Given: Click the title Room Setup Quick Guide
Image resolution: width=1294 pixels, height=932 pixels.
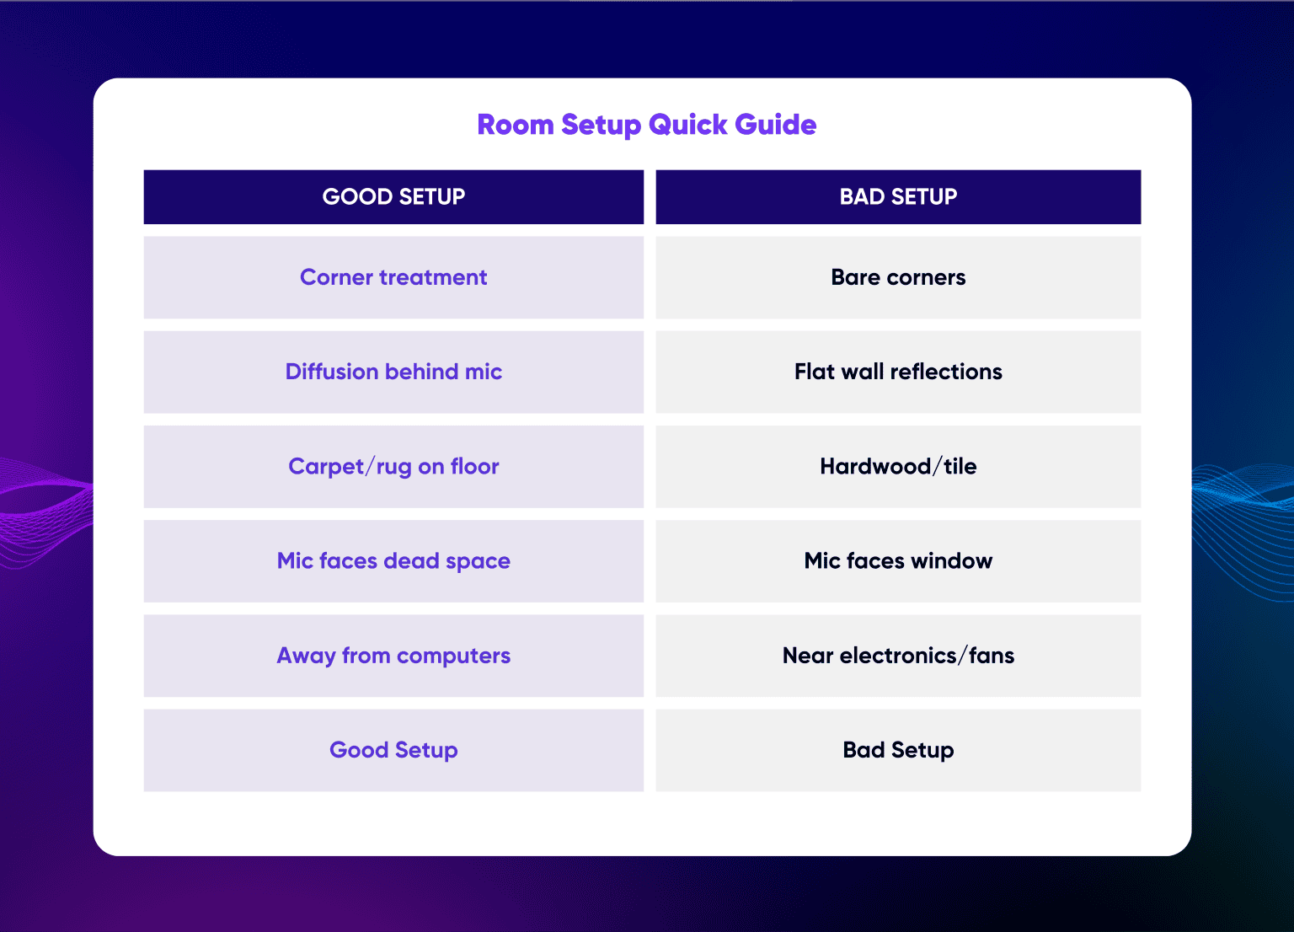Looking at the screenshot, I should (x=646, y=125).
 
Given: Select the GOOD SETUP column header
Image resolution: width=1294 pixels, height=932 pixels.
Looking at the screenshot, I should (x=393, y=197).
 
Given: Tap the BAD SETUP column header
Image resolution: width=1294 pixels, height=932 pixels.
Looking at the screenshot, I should (x=898, y=197).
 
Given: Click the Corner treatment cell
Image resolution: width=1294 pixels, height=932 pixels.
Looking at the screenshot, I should (x=393, y=277).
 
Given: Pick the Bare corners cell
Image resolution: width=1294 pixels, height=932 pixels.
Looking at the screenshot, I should (x=898, y=277).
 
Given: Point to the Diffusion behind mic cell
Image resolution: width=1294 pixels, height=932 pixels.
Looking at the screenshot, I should (x=393, y=372).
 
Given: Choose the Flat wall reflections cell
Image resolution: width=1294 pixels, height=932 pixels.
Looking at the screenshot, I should (x=898, y=372).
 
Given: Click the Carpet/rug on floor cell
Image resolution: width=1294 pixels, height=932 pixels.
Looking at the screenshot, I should (x=393, y=466).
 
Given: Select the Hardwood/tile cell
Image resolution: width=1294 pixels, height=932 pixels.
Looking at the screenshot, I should (x=898, y=466).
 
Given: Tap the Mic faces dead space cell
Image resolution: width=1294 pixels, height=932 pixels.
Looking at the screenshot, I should (x=393, y=561).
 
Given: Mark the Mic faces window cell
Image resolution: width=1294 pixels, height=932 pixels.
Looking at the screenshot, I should (x=898, y=561).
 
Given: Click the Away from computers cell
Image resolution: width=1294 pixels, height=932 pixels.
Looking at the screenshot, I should (x=393, y=656).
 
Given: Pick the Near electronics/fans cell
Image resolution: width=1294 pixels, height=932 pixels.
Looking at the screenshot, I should (x=898, y=656).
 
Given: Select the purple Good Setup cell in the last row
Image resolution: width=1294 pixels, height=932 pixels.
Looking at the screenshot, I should (x=393, y=750).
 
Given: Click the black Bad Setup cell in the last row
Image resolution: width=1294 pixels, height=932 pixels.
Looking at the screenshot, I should (x=898, y=750).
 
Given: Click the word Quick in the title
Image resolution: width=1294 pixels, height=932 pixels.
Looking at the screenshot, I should (x=688, y=125).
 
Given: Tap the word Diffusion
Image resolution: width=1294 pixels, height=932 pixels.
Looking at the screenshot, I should (x=331, y=372).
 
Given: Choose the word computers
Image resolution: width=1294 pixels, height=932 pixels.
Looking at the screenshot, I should (x=453, y=656).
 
